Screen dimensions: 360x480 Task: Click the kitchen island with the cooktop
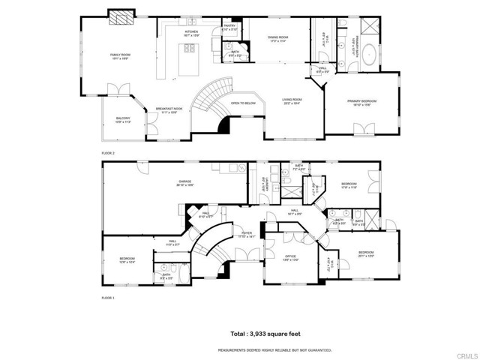(x=185, y=52)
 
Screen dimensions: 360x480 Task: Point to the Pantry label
(x=230, y=26)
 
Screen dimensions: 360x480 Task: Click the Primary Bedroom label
(x=361, y=101)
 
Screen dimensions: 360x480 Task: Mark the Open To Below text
(x=244, y=103)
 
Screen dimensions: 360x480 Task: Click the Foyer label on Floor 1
(x=246, y=233)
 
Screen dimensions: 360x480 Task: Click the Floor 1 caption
(x=109, y=298)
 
